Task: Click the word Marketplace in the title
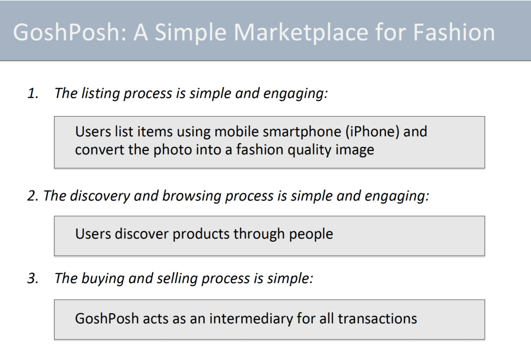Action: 301,33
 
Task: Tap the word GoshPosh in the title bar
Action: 66,33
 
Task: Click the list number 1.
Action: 33,93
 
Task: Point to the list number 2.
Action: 33,196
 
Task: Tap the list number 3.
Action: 33,278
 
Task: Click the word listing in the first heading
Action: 101,94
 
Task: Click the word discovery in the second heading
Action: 100,196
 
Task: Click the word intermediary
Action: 250,319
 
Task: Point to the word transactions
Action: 378,319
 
